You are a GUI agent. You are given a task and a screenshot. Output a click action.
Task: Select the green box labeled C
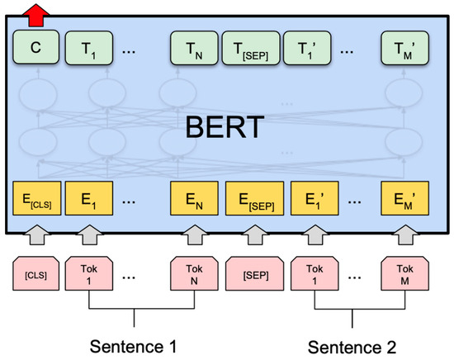coord(35,49)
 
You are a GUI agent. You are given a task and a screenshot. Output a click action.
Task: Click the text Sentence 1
coord(134,343)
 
